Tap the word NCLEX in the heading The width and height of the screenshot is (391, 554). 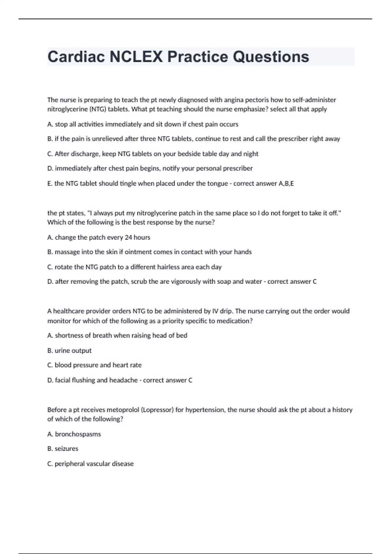point(136,57)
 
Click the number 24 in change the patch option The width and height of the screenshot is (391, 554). point(128,237)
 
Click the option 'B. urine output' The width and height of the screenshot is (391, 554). point(69,351)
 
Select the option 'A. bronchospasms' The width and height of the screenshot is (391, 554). point(74,434)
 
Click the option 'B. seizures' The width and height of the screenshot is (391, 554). point(63,449)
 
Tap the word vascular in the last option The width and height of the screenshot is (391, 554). point(94,464)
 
